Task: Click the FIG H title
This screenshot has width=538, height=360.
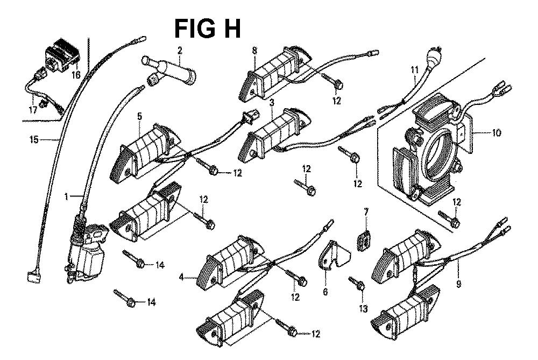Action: pyautogui.click(x=207, y=29)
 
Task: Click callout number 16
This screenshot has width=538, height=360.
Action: pyautogui.click(x=76, y=75)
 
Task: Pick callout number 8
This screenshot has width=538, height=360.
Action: pyautogui.click(x=254, y=51)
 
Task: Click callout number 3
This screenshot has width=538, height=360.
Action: pyautogui.click(x=273, y=101)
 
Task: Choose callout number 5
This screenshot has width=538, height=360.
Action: pyautogui.click(x=139, y=116)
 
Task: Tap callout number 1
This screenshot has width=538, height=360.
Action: pyautogui.click(x=67, y=197)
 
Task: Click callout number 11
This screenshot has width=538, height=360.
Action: pyautogui.click(x=414, y=69)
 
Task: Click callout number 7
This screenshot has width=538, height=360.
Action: pyautogui.click(x=366, y=212)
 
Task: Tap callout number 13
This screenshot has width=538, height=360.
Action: pyautogui.click(x=362, y=309)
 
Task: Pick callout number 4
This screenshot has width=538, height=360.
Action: pyautogui.click(x=181, y=277)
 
